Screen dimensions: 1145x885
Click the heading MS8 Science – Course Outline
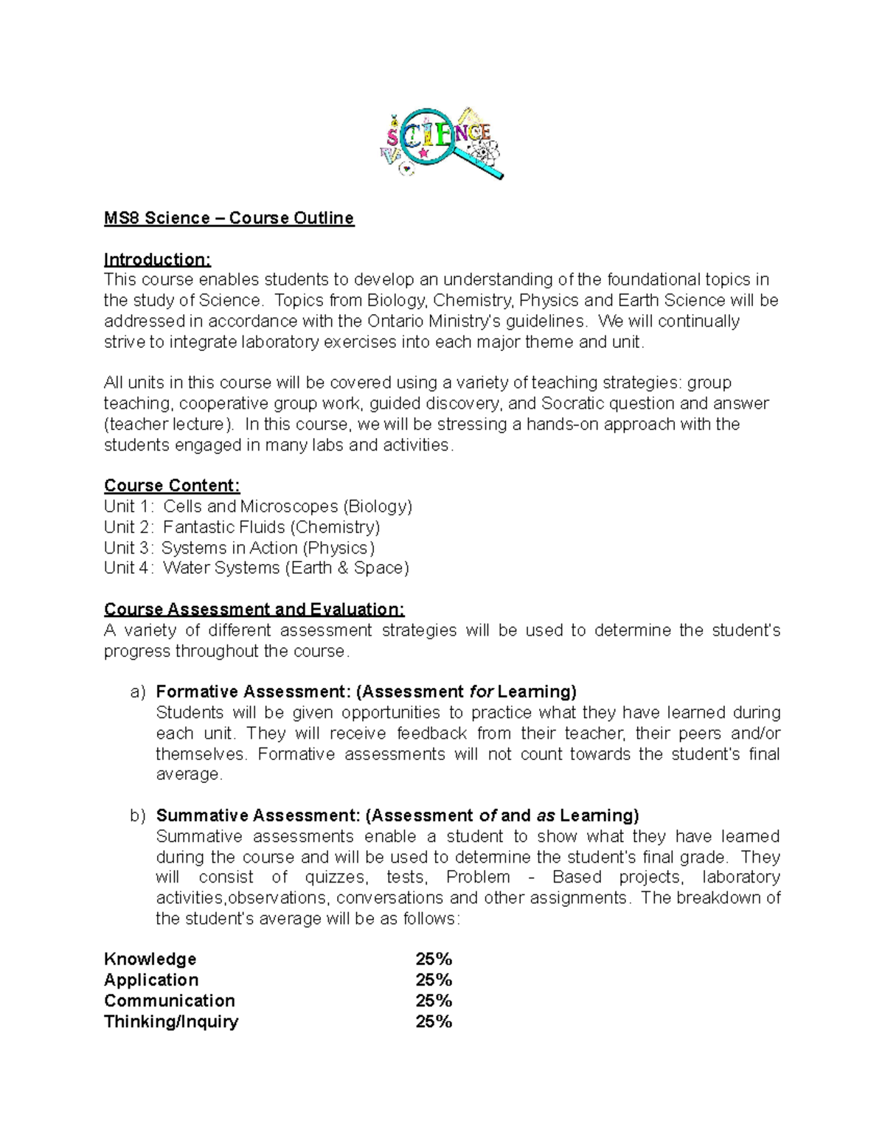(229, 218)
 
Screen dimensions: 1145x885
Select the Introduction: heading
(157, 260)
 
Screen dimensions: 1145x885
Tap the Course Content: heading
(172, 485)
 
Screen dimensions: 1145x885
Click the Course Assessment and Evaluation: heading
(254, 609)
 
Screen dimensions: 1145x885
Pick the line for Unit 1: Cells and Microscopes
(258, 507)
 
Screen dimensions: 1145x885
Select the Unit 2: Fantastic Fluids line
(242, 527)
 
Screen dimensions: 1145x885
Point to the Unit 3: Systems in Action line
(239, 548)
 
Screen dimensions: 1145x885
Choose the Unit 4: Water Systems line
(256, 568)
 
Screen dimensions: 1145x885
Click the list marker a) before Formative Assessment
(138, 692)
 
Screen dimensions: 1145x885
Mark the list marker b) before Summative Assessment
(138, 815)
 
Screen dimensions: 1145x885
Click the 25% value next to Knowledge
(434, 959)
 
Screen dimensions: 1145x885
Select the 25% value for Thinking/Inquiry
(434, 1021)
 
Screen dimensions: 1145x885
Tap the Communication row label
(170, 1000)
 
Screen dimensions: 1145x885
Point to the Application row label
(151, 980)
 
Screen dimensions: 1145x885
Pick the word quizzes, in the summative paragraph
(335, 877)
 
